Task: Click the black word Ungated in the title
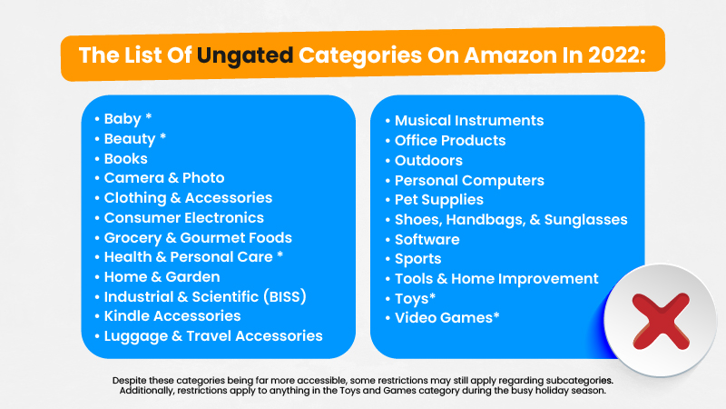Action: point(245,56)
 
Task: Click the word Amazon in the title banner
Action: point(510,55)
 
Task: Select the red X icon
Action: point(661,321)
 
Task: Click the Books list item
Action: point(125,158)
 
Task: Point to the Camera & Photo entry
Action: point(164,177)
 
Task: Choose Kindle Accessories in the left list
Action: point(172,315)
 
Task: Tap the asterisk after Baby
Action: point(149,116)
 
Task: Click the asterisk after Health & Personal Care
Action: point(280,254)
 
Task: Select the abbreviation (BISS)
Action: point(285,296)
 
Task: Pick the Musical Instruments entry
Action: point(469,121)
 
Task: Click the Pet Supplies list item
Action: point(439,200)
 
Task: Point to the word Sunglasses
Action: point(585,220)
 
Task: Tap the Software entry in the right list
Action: point(427,239)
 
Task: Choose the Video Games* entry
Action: point(447,317)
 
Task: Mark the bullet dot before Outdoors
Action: point(388,161)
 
